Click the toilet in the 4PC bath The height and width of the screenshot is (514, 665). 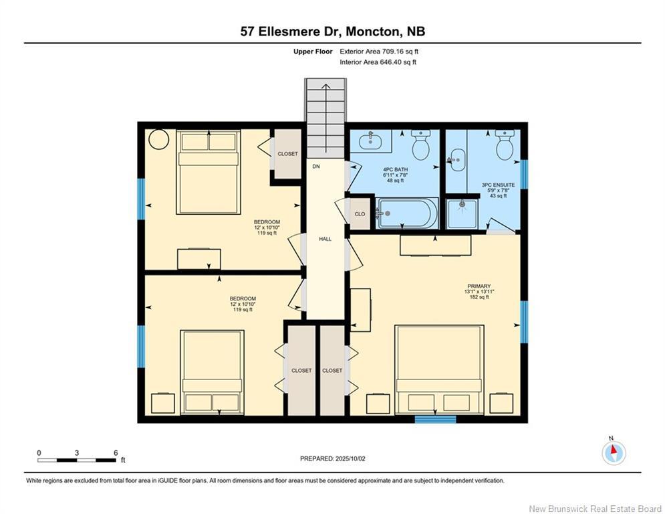click(420, 145)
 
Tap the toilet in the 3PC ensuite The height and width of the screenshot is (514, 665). click(505, 145)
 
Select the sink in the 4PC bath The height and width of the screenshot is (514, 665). click(371, 141)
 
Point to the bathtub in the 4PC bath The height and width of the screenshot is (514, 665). click(407, 213)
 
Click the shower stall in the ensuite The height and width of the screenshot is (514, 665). click(462, 213)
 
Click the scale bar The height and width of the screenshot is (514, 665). click(76, 460)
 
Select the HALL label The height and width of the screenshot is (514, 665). click(325, 239)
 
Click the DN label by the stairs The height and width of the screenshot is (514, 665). click(316, 167)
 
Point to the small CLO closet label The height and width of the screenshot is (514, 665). click(360, 214)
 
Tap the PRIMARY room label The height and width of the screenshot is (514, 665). click(479, 286)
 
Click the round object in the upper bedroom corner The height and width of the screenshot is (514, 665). click(159, 139)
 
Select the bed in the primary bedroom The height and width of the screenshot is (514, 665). click(439, 369)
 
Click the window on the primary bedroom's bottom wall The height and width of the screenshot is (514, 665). click(435, 419)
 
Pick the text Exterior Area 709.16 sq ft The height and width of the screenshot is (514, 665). click(379, 52)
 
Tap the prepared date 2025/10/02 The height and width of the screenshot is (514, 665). click(350, 458)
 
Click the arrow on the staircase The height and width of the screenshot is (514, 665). click(325, 118)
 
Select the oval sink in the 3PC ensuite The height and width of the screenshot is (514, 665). click(458, 160)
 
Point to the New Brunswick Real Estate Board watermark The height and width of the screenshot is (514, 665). click(595, 509)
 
